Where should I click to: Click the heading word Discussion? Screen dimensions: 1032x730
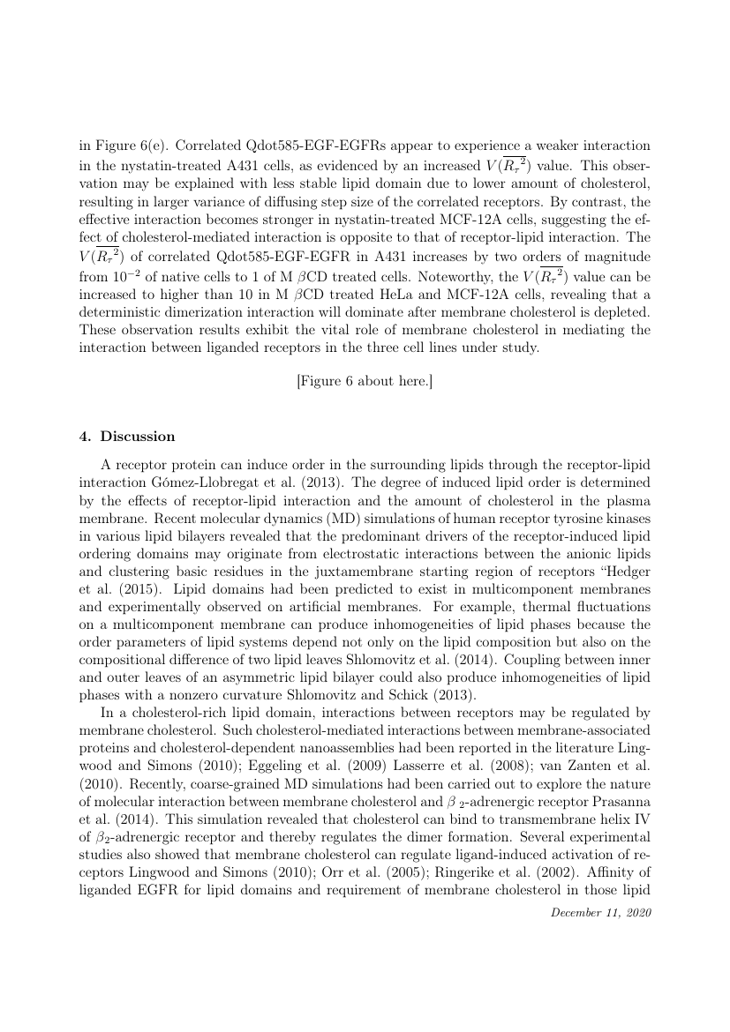tap(138, 437)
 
